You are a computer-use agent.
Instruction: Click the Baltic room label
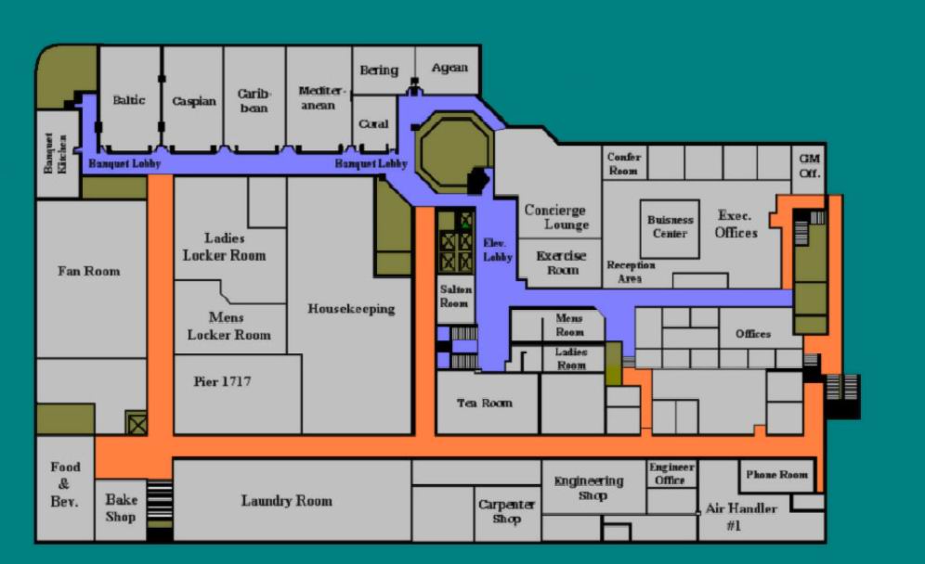pos(129,100)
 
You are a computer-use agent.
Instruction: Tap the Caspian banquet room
pos(193,99)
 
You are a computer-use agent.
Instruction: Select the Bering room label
pos(379,70)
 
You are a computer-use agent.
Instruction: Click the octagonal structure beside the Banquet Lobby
pos(453,151)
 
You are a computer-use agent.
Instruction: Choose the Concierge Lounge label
pos(556,217)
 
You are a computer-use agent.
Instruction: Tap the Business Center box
pos(671,229)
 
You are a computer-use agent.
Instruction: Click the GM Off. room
pos(809,167)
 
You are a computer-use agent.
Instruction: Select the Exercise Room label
pos(561,263)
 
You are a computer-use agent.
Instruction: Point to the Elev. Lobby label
pos(497,250)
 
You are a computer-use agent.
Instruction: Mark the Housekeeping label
pos(351,309)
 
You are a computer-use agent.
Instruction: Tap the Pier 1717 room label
pos(222,381)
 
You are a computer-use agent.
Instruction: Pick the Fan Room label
pos(88,271)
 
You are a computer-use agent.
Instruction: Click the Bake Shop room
pos(121,509)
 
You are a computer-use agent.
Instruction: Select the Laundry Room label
pos(287,501)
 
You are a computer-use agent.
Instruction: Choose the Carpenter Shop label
pos(507,511)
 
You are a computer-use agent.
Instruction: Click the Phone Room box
pos(777,476)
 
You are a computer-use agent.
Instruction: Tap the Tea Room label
pos(485,404)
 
